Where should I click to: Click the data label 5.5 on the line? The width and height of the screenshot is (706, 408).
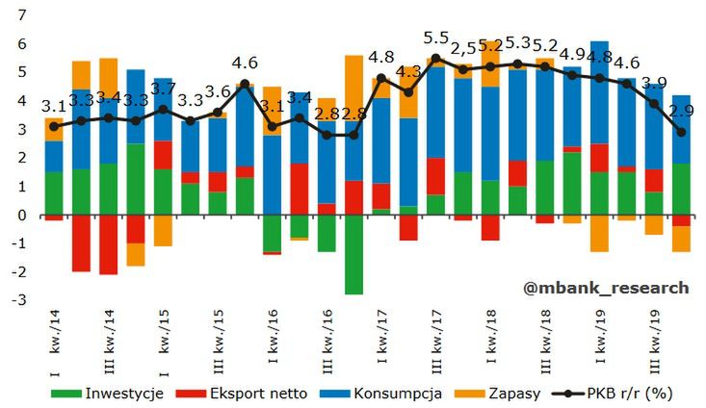click(436, 38)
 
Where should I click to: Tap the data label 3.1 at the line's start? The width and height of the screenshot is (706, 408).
click(54, 106)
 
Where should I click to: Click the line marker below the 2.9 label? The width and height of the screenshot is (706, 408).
click(681, 132)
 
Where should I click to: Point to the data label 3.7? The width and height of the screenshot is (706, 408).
click(164, 89)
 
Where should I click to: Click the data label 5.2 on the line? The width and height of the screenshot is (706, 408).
click(545, 44)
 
